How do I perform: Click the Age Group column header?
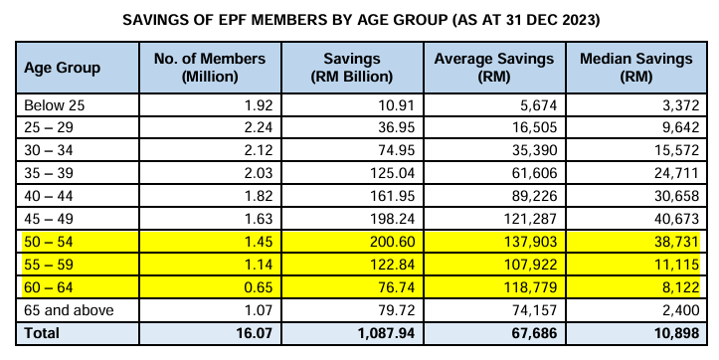click(62, 68)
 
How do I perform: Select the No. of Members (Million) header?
click(210, 68)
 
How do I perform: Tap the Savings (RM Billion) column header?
click(352, 68)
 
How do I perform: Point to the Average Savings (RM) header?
click(494, 68)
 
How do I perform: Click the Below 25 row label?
click(51, 104)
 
